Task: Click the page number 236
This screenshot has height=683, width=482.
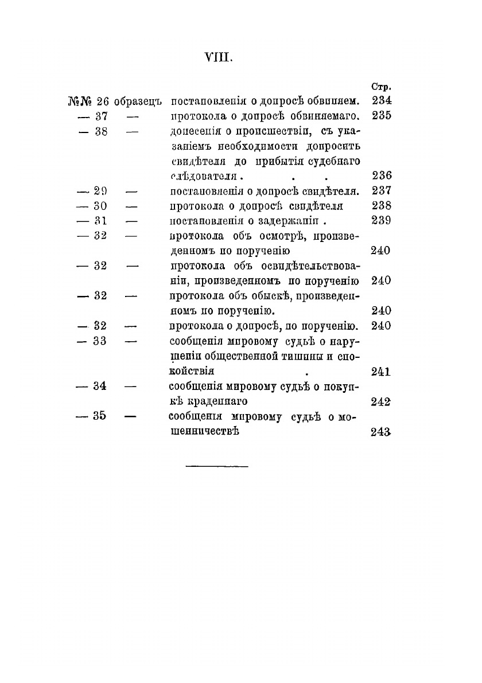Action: point(381,176)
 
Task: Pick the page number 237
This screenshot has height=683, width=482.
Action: point(381,191)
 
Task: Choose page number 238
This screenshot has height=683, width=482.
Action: point(381,206)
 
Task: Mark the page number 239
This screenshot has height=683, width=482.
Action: point(381,221)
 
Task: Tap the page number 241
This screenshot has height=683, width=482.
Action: point(381,371)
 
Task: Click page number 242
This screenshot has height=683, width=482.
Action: point(381,401)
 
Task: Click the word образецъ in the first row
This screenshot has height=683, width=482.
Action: point(139,102)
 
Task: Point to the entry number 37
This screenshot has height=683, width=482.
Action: point(101,116)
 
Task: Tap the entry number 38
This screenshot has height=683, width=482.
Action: point(101,131)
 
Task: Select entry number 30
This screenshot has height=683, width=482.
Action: point(101,206)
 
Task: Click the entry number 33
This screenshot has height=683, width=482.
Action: point(101,341)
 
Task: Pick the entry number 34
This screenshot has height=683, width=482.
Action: point(101,386)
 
